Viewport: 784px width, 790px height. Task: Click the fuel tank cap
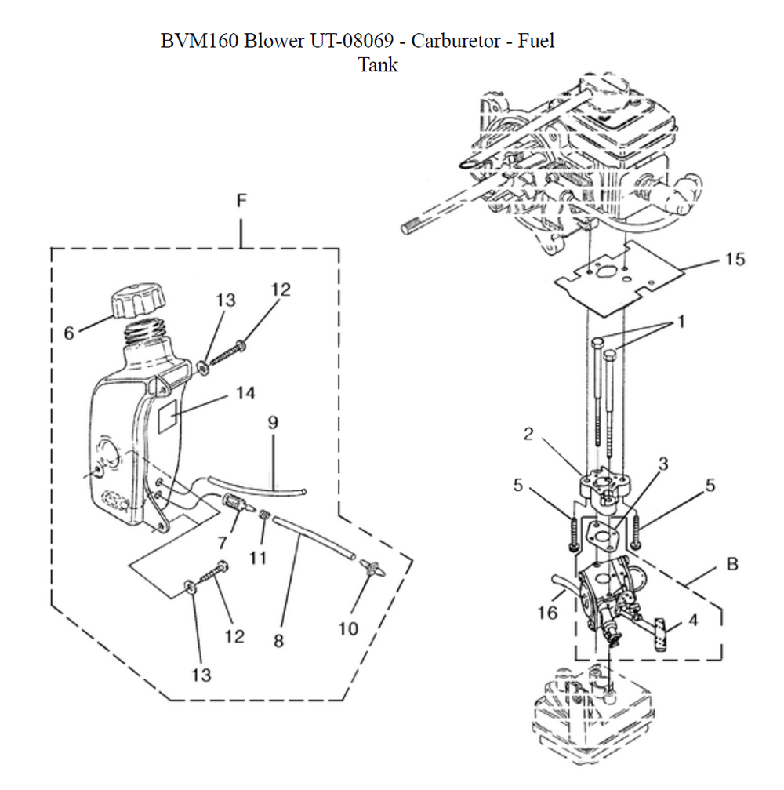point(138,300)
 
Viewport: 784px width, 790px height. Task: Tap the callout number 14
point(245,392)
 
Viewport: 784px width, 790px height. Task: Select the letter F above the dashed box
point(241,201)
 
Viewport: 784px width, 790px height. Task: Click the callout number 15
point(735,259)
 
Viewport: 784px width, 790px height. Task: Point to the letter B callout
point(732,564)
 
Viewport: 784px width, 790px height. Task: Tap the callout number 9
point(273,422)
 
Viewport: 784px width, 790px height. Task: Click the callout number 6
point(69,333)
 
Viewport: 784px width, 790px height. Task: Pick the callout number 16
point(547,613)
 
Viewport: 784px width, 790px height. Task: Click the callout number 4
point(693,621)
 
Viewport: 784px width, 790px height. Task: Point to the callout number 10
point(348,628)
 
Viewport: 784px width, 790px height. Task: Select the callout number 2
point(528,434)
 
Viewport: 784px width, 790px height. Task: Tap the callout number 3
point(663,464)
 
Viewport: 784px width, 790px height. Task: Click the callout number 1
point(681,322)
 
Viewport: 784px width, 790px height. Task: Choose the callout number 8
point(278,641)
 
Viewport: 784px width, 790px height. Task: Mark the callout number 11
point(258,558)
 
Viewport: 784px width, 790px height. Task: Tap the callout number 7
point(222,543)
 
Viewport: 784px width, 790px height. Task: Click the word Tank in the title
point(378,65)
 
